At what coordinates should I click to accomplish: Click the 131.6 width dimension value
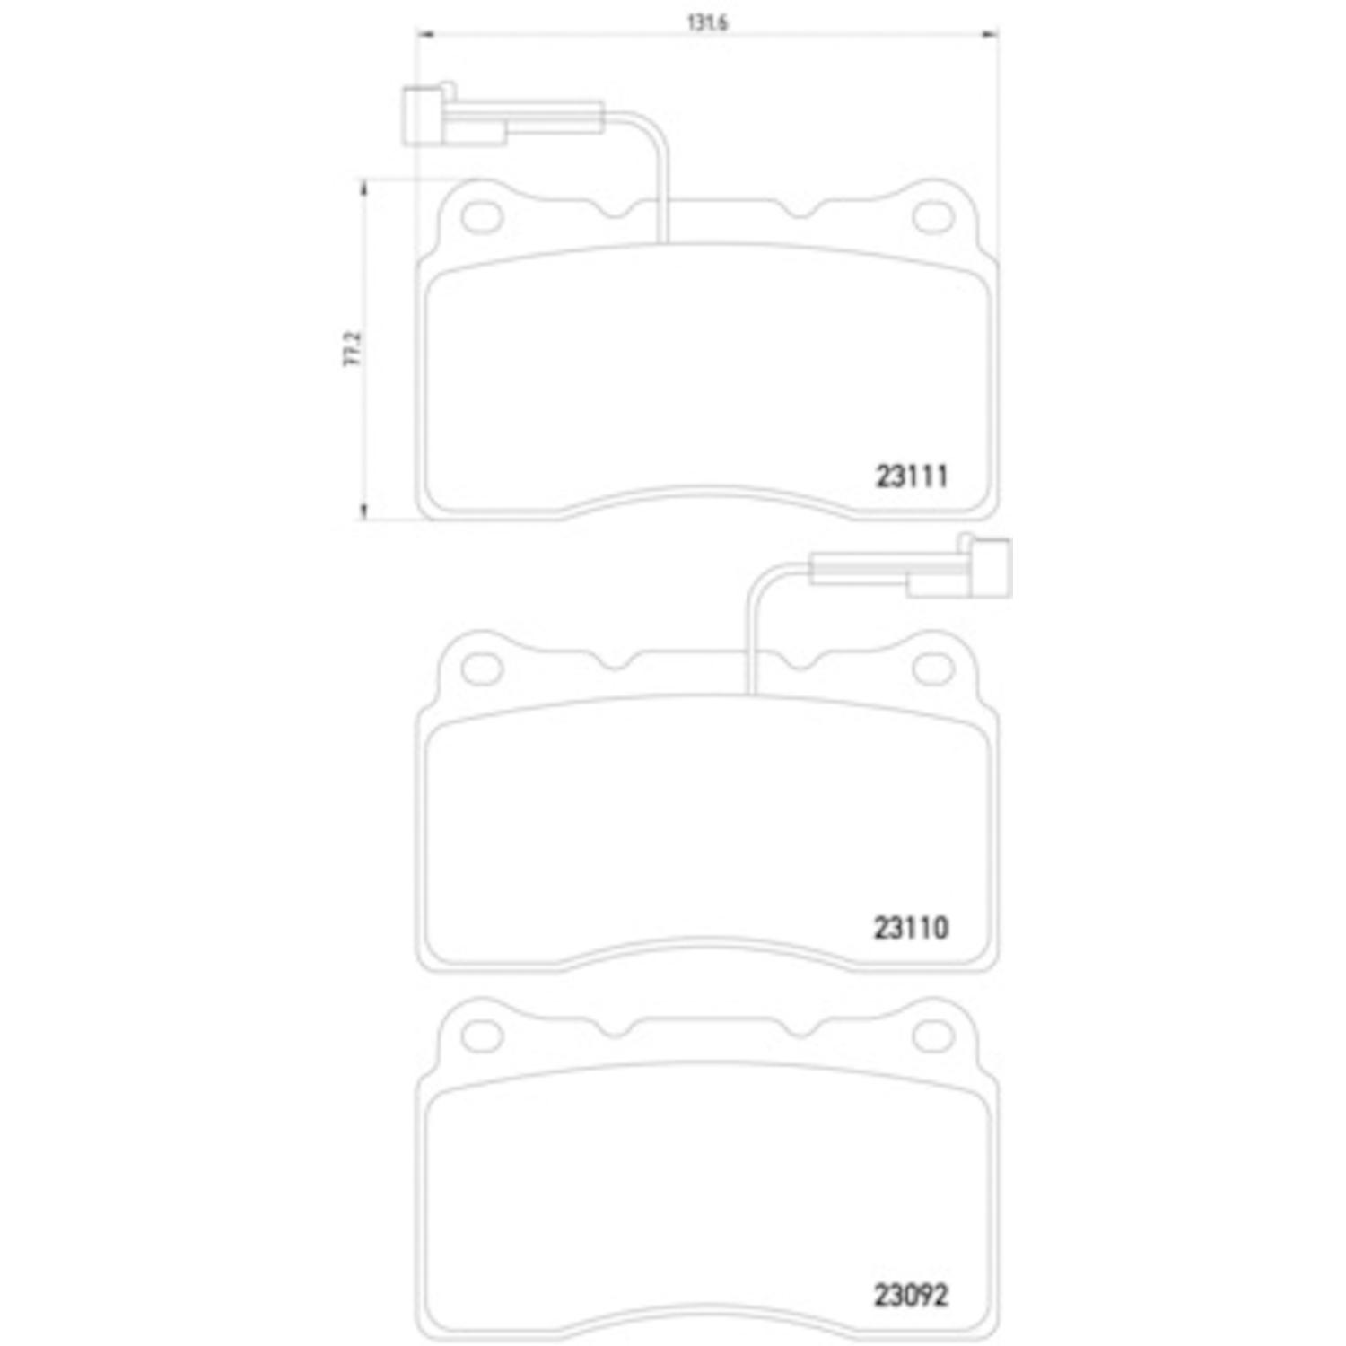click(x=706, y=23)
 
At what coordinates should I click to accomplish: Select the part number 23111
click(x=912, y=476)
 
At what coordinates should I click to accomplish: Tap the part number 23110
click(x=911, y=927)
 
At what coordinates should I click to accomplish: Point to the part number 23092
click(x=911, y=1295)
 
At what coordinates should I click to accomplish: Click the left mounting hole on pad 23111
click(x=482, y=217)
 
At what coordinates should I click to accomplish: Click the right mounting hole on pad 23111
click(x=932, y=217)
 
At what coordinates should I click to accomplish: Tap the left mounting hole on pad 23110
click(x=482, y=668)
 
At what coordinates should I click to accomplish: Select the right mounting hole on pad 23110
click(x=932, y=668)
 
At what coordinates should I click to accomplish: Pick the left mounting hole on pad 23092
click(x=482, y=1036)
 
